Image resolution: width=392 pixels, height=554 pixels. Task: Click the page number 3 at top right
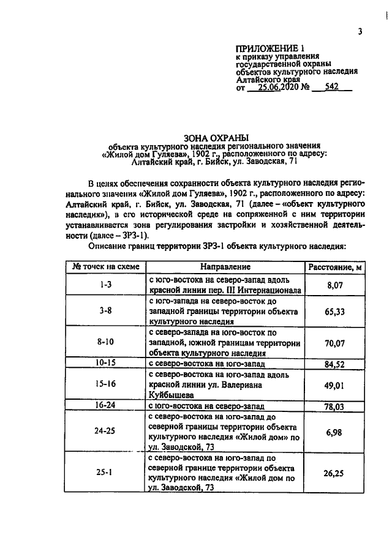coord(361,32)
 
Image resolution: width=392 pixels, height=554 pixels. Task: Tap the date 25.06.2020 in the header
coord(277,87)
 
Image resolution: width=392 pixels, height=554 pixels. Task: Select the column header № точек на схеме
coord(107,267)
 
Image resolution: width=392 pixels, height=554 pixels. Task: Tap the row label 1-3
coord(107,285)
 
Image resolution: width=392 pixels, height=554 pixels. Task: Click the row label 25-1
coord(107,473)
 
